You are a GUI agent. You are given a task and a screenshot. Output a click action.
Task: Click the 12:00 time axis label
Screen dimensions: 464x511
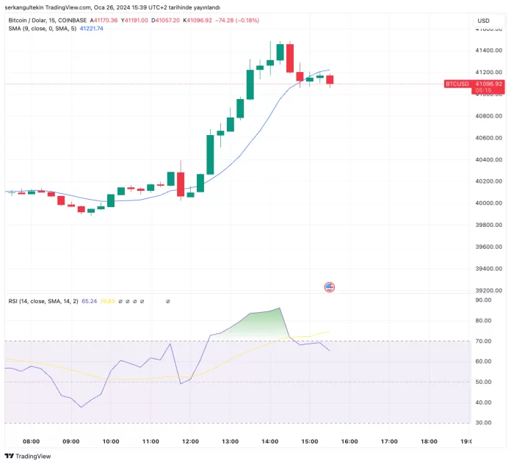pyautogui.click(x=190, y=441)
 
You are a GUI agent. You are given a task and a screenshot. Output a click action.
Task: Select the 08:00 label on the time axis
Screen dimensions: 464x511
pyautogui.click(x=32, y=441)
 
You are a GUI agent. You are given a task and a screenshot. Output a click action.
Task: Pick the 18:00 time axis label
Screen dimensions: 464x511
pyautogui.click(x=429, y=441)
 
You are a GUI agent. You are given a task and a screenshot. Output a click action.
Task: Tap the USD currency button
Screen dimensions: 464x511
pyautogui.click(x=483, y=21)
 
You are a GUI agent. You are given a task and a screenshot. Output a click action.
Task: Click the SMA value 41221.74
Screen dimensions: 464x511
pyautogui.click(x=91, y=29)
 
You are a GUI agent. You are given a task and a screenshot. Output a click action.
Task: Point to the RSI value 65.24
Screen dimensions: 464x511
pyautogui.click(x=90, y=301)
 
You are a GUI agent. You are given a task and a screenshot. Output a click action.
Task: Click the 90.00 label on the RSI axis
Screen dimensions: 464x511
pyautogui.click(x=483, y=300)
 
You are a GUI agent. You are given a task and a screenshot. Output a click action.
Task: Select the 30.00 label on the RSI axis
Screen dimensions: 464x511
pyautogui.click(x=483, y=423)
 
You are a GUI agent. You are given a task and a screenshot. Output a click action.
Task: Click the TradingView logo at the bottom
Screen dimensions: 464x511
pyautogui.click(x=29, y=456)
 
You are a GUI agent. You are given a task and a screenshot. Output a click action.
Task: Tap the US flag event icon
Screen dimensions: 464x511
pyautogui.click(x=330, y=287)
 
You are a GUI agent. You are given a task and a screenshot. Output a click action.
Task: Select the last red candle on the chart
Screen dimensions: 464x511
pyautogui.click(x=330, y=79)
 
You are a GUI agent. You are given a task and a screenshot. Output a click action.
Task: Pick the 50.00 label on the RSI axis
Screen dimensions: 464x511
pyautogui.click(x=483, y=382)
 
